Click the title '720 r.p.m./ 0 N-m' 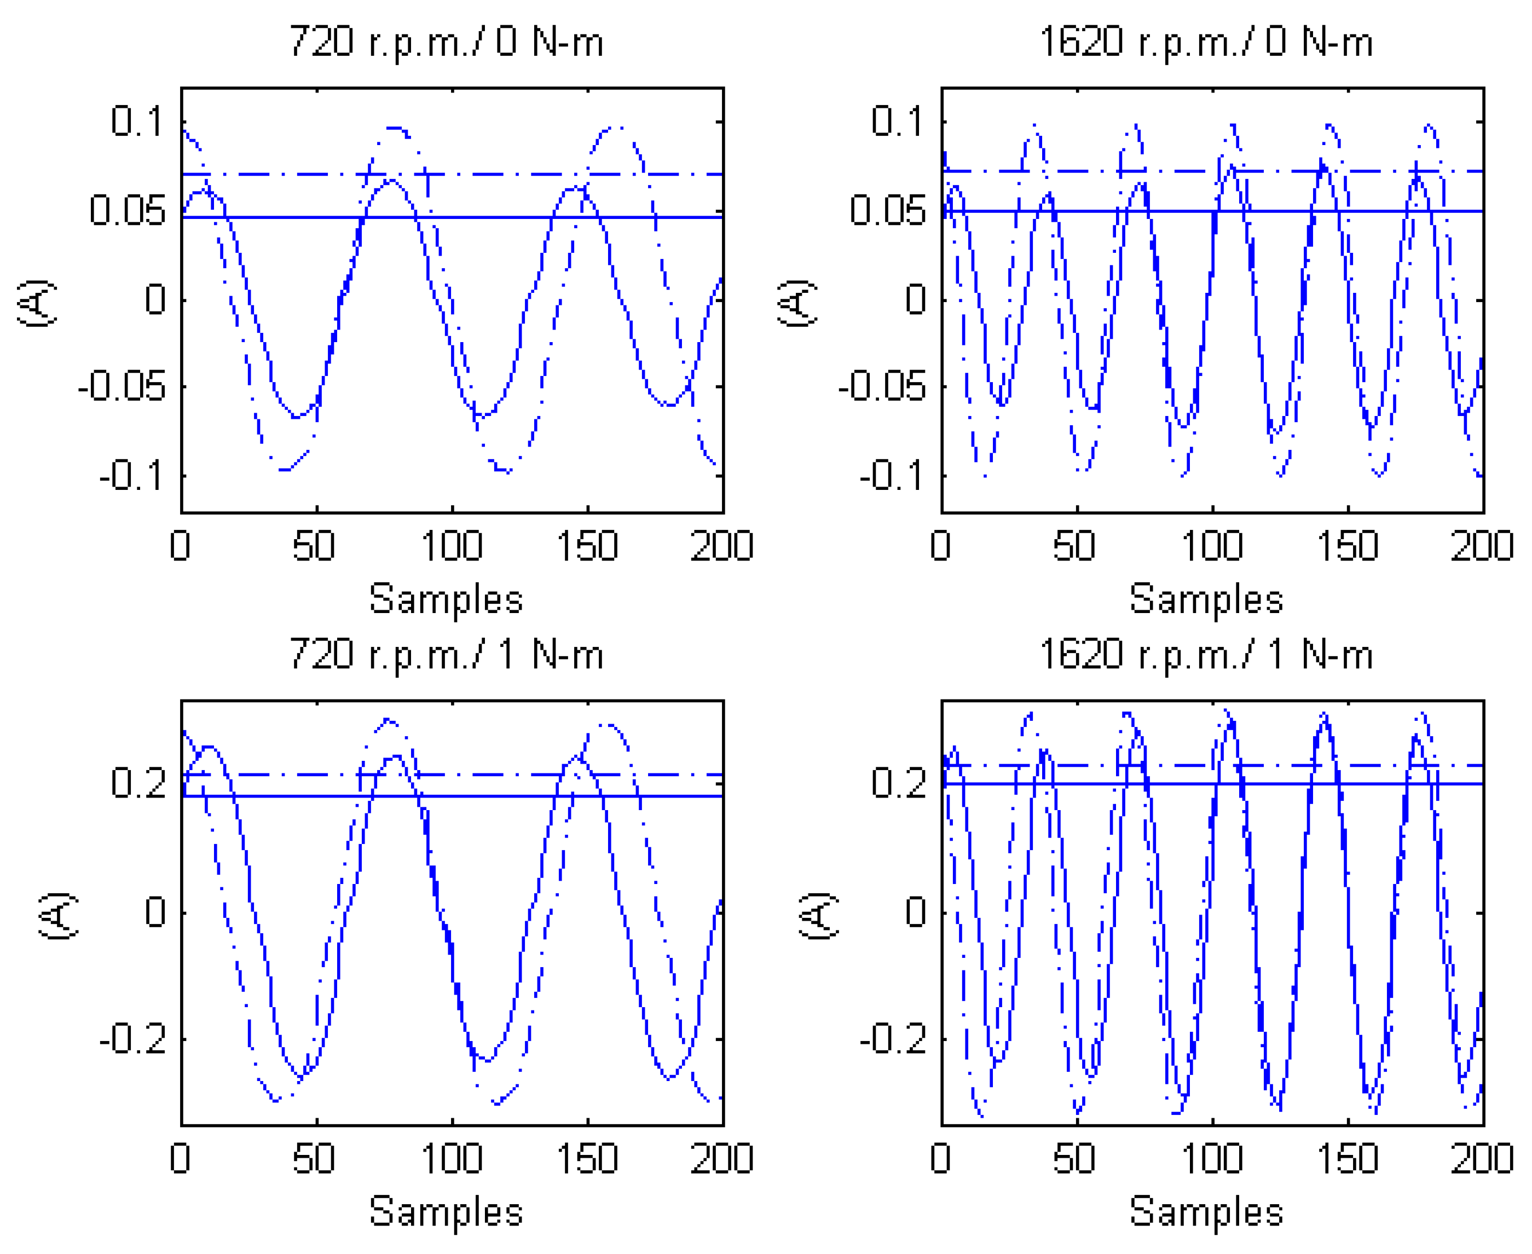click(446, 42)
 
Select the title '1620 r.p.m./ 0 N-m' click(1206, 42)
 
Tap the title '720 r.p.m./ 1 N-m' click(446, 655)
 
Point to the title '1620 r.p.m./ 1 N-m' click(1206, 655)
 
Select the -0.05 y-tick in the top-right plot click(881, 386)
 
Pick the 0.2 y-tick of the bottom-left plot click(138, 782)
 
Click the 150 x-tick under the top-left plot click(587, 546)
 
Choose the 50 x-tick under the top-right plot click(1074, 546)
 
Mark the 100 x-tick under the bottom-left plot click(452, 1159)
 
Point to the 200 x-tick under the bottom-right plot click(1482, 1159)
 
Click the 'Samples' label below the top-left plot click(446, 599)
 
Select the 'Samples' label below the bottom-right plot click(1206, 1211)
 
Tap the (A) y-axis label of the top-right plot click(797, 303)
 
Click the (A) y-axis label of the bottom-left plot click(58, 915)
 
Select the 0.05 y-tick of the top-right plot click(887, 210)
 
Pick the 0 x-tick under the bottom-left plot click(180, 1159)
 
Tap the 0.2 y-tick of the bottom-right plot click(898, 782)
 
